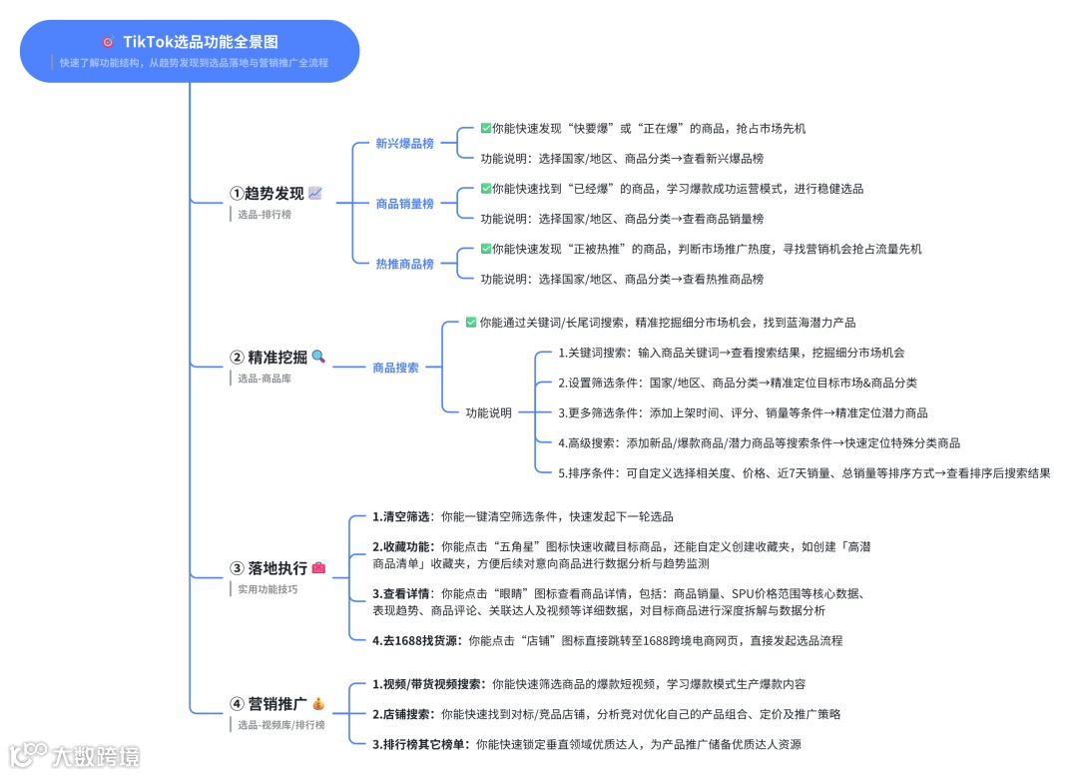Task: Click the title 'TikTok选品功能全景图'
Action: coord(201,42)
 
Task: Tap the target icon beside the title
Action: coord(108,42)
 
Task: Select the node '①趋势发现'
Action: coord(267,194)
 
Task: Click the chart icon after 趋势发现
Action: coord(315,193)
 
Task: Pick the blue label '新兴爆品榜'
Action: coord(404,144)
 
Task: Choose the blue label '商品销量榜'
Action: coord(404,204)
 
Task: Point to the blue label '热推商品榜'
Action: coord(404,264)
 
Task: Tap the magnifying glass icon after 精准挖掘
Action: coord(318,357)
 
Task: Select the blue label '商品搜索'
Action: coord(395,368)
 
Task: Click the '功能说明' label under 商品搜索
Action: coord(489,412)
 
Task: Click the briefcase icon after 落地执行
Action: coord(318,567)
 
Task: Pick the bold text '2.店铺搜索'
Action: coord(402,714)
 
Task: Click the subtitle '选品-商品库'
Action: coord(265,379)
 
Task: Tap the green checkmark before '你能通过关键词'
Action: coord(471,323)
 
